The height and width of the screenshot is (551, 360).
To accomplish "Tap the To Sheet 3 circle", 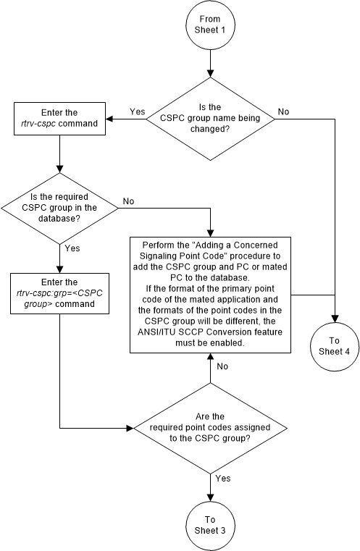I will (210, 523).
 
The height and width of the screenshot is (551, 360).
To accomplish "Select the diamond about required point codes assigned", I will (210, 427).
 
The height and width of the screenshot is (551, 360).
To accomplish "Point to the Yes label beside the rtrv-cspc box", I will (138, 112).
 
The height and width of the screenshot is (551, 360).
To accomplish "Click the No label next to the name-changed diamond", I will (283, 112).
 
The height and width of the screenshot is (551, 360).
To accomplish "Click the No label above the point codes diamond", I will (222, 367).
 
